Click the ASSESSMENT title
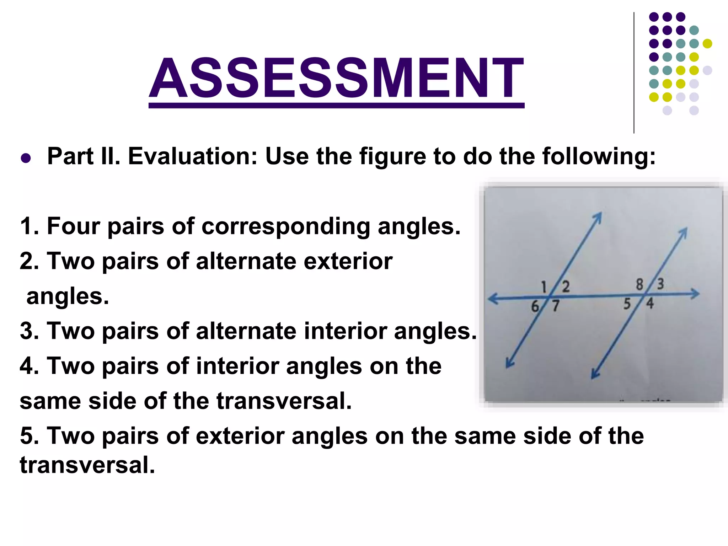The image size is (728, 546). [336, 78]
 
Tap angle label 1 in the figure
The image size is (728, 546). [544, 287]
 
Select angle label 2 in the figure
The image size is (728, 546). [566, 287]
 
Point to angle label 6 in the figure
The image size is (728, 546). [535, 306]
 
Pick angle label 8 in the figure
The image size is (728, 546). [639, 284]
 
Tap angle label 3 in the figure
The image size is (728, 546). [660, 284]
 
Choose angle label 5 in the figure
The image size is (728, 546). [627, 304]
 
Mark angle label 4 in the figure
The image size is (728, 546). [650, 304]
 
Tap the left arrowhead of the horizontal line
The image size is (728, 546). [492, 299]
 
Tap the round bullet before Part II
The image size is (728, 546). [26, 157]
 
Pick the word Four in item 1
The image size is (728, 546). [74, 226]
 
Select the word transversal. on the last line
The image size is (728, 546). [87, 465]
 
